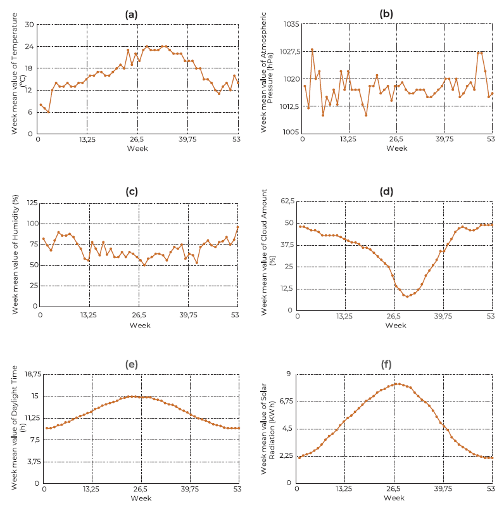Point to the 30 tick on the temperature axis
click(28, 25)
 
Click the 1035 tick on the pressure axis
click(290, 25)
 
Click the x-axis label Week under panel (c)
click(139, 326)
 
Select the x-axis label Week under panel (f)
click(393, 498)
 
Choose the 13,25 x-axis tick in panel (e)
click(91, 489)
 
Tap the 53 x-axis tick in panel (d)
click(491, 315)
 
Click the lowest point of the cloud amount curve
click(407, 296)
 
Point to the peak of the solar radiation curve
click(398, 384)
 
